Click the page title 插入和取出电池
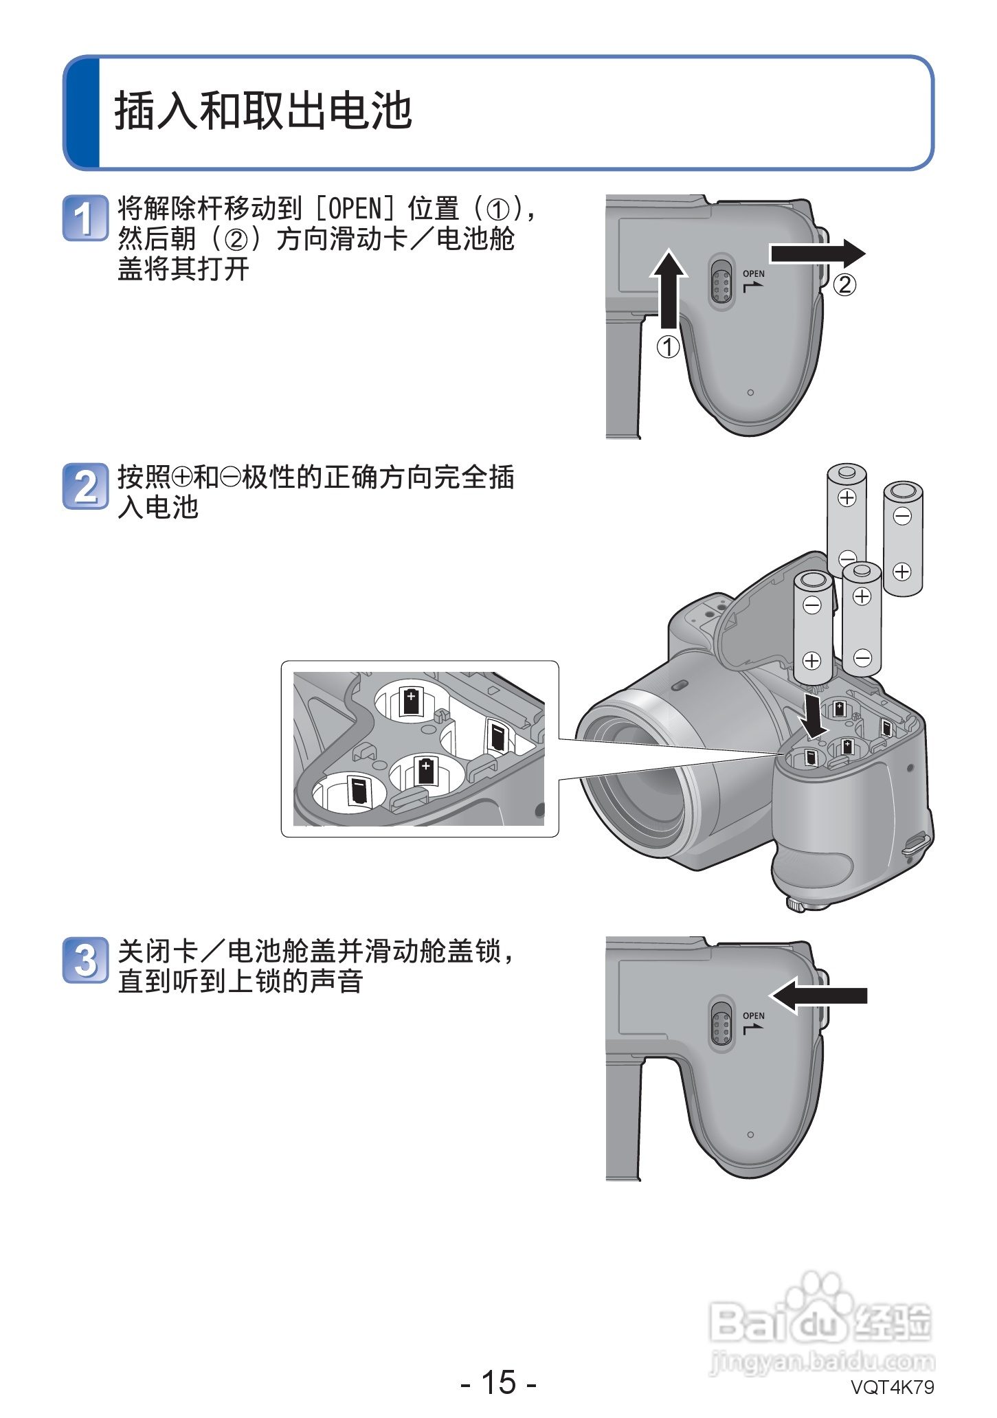pos(263,111)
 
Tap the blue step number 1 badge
pos(85,218)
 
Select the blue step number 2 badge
pos(85,486)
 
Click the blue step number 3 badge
pos(85,960)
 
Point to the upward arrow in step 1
pos(669,289)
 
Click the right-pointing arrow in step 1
pos(817,254)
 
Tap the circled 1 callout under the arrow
pos(669,346)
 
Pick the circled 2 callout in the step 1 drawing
pos(844,284)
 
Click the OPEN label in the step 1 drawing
pos(754,274)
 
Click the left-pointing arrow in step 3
pos(818,995)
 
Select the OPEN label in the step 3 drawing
pos(754,1016)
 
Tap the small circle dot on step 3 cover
pos(750,1134)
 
